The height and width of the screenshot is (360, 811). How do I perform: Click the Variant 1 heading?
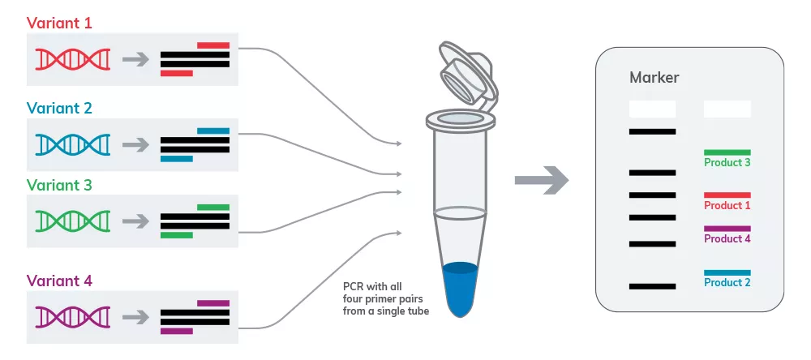tap(59, 23)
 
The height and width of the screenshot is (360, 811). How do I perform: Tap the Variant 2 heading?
tap(59, 108)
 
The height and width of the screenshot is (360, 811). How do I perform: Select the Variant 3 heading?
tap(59, 185)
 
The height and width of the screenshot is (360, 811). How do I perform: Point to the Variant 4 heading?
tap(59, 281)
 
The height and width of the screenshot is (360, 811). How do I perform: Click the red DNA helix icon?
tap(73, 59)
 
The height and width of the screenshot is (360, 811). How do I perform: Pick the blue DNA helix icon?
tap(73, 144)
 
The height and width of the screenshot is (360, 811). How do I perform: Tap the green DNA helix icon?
tap(73, 221)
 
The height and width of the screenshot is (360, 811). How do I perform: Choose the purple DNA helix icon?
tap(73, 317)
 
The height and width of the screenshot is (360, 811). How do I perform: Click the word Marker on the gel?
tap(654, 78)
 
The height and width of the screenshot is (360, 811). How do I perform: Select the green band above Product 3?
tap(727, 152)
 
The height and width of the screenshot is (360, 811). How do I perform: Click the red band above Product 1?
tap(727, 195)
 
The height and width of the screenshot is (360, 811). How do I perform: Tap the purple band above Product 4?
tap(727, 229)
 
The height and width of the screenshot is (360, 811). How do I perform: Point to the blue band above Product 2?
tap(727, 272)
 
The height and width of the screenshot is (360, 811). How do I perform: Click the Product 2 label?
tap(727, 282)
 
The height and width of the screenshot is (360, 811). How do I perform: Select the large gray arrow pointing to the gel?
tap(542, 180)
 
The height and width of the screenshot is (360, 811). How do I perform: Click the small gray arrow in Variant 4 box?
tap(135, 317)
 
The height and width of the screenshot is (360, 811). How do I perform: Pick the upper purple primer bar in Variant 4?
tap(213, 303)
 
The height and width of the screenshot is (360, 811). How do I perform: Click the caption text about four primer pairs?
tap(386, 298)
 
